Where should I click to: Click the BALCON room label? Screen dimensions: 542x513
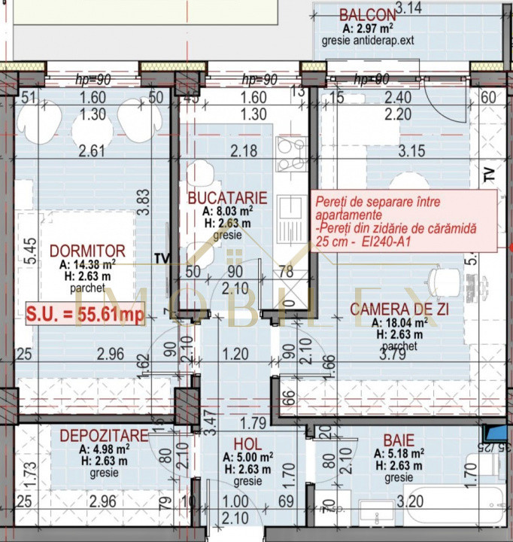pyautogui.click(x=367, y=14)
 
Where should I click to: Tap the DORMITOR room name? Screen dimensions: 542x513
pyautogui.click(x=83, y=250)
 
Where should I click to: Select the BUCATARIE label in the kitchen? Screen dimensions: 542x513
pyautogui.click(x=227, y=198)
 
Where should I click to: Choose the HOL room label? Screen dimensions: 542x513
pyautogui.click(x=247, y=444)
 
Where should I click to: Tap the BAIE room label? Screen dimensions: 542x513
pyautogui.click(x=398, y=440)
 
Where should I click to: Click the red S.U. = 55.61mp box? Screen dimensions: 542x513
pyautogui.click(x=84, y=315)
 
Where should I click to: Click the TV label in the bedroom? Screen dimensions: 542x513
pyautogui.click(x=161, y=258)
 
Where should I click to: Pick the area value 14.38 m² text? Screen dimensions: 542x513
pyautogui.click(x=87, y=264)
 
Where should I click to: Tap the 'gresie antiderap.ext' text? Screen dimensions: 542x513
pyautogui.click(x=368, y=40)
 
